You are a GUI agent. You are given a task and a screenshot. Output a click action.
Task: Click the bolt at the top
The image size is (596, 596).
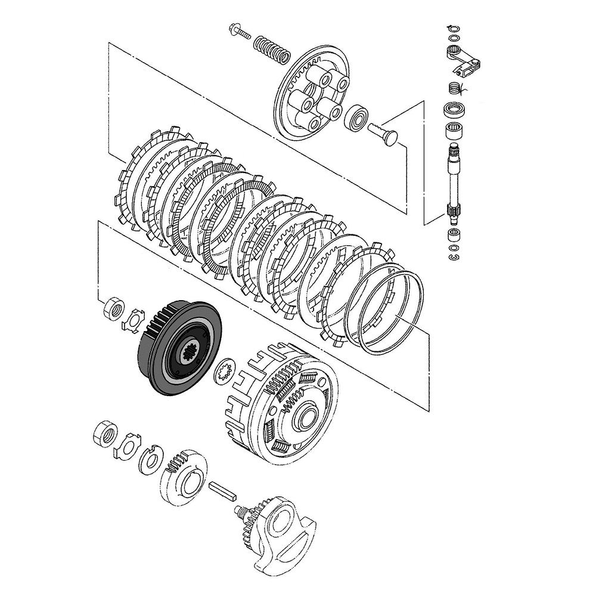[240, 32]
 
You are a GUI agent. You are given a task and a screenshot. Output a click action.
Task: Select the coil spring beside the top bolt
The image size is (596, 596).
[272, 49]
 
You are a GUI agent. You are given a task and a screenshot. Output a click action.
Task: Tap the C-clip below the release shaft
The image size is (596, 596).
[454, 256]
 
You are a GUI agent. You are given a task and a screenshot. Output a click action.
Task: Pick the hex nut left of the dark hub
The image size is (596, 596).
[113, 309]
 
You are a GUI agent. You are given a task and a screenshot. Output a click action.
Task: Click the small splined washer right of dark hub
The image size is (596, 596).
[226, 372]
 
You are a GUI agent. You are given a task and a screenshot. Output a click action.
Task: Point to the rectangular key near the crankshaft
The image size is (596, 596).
[223, 490]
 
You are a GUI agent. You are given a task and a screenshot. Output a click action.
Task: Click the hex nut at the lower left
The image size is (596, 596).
[105, 435]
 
